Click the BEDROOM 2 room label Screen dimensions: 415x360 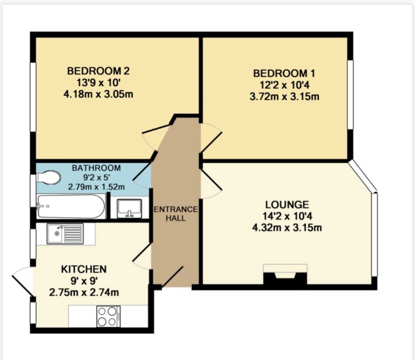(x=98, y=71)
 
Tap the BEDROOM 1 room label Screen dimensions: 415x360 (x=284, y=73)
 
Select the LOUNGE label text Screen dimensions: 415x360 (x=287, y=205)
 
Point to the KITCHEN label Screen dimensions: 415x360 (x=84, y=269)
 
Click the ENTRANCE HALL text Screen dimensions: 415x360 (x=176, y=214)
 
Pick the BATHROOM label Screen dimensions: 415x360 (x=96, y=168)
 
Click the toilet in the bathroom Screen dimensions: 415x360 (x=48, y=177)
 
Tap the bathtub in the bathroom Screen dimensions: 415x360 (x=71, y=206)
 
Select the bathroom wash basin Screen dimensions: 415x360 (x=130, y=209)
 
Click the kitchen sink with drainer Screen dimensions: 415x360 (x=65, y=234)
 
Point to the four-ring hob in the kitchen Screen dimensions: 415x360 (x=108, y=316)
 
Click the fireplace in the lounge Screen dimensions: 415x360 (x=285, y=274)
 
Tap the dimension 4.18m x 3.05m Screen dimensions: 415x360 (x=98, y=94)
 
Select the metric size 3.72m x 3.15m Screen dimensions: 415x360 (x=284, y=96)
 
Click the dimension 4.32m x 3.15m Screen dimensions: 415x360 (x=287, y=228)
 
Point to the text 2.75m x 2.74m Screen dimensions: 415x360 (x=84, y=293)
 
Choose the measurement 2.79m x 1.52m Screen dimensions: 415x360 (x=96, y=187)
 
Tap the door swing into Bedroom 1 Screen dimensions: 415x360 (x=211, y=138)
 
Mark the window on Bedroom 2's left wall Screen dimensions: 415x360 (x=33, y=96)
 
